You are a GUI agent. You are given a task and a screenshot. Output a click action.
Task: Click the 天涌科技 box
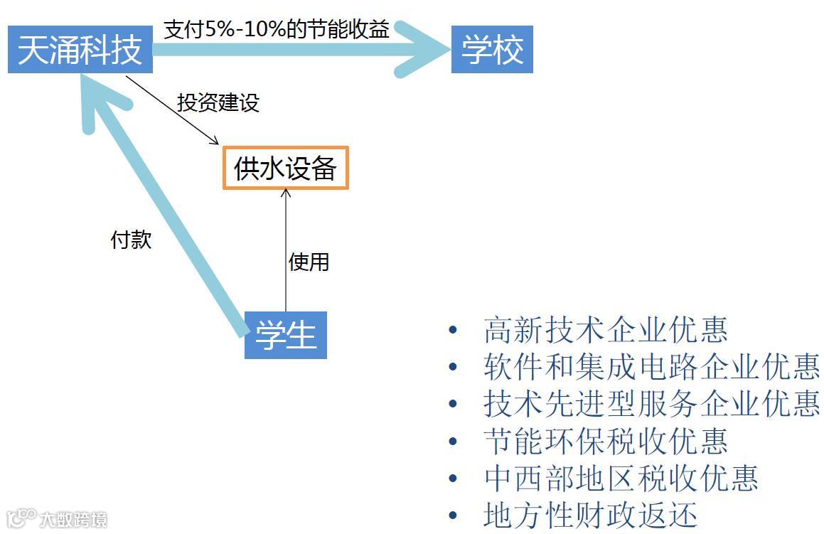coord(80,50)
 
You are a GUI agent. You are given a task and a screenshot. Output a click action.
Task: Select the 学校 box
coord(492,50)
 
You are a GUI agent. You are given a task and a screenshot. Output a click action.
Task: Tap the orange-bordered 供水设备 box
coord(286,169)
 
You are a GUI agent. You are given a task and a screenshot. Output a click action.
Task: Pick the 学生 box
coord(286,335)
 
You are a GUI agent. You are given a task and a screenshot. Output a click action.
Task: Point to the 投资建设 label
coord(218,102)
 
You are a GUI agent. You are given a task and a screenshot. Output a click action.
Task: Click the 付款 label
coord(132,240)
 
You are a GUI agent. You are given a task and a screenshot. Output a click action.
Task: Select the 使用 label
coord(309,262)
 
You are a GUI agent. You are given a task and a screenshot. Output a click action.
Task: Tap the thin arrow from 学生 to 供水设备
coord(286,249)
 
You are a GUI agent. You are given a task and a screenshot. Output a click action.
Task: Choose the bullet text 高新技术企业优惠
coord(605,331)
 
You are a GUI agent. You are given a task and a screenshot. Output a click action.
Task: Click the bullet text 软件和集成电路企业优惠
coord(651,368)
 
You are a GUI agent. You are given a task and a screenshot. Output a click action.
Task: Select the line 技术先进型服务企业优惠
coord(651,404)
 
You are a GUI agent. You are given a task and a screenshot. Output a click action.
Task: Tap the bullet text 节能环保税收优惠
coord(605,441)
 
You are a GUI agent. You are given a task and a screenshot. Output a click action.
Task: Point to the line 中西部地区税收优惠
coord(621,478)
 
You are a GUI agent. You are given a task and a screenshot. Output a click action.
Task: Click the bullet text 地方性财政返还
coord(590,515)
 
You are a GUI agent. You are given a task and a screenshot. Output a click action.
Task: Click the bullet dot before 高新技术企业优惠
coord(453,331)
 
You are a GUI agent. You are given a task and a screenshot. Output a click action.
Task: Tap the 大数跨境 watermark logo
coord(57,518)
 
